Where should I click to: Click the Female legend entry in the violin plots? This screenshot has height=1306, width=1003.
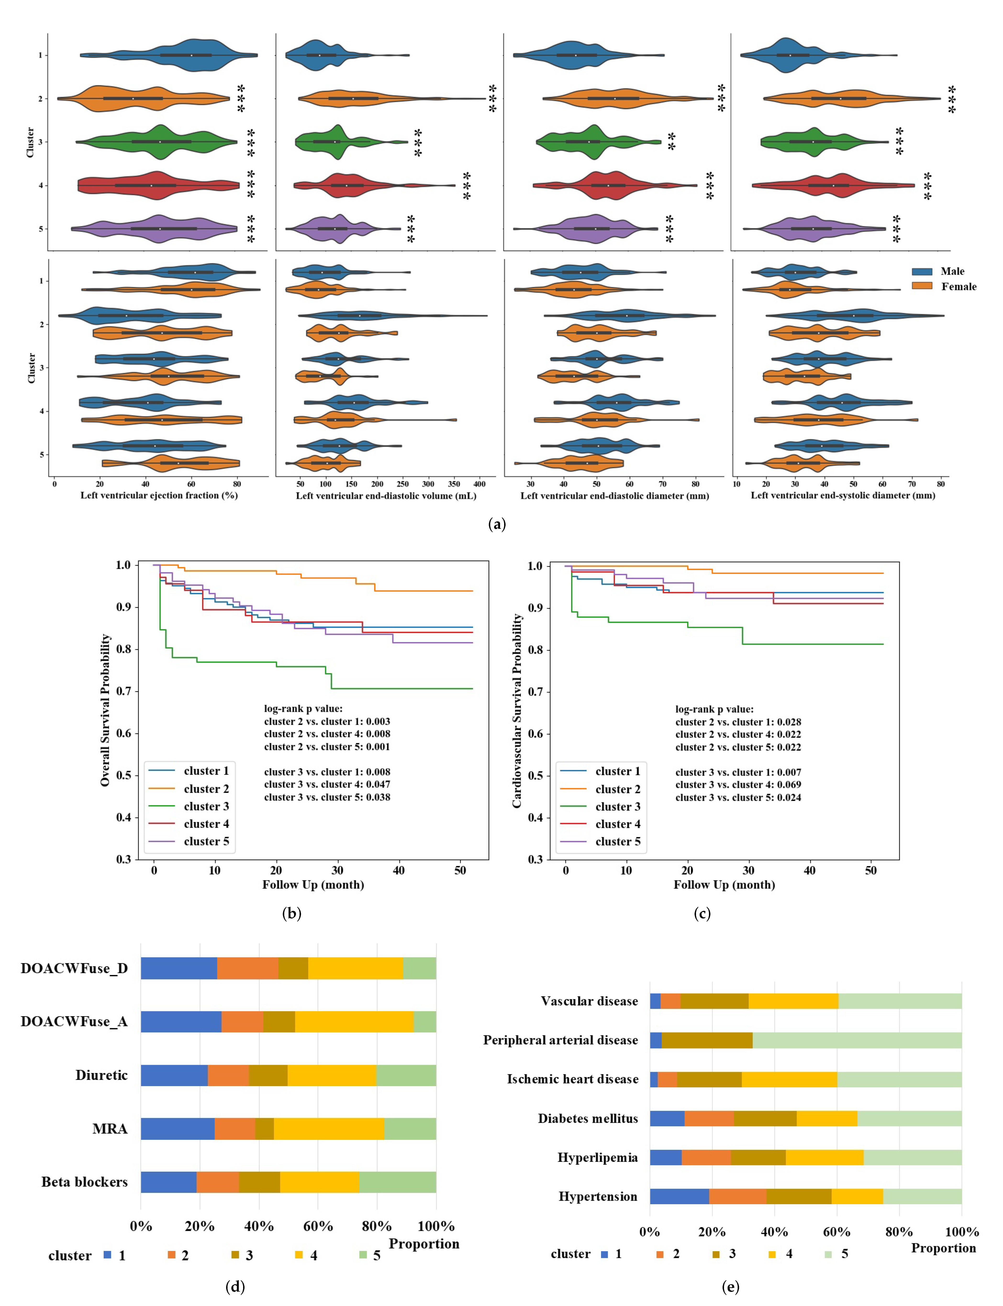958,287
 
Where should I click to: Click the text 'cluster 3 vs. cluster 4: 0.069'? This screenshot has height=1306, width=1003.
738,784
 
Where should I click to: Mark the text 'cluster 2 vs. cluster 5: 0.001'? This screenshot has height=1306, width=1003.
327,747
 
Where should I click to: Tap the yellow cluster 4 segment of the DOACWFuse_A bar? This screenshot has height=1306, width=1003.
354,1022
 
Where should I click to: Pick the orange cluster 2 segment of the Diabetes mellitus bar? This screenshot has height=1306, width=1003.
709,1118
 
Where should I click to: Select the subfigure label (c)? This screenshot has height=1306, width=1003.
702,913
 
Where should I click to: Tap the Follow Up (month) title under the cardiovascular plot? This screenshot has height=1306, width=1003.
724,885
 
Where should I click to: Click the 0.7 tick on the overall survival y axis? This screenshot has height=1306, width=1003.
124,691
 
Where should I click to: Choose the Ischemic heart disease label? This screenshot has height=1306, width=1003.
573,1079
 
